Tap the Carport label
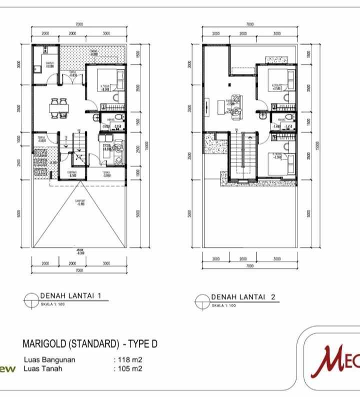point(79,201)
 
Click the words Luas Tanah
point(43,369)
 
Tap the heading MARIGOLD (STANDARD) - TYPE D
point(90,344)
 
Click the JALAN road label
point(79,251)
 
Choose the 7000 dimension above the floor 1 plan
point(79,24)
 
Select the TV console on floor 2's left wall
point(207,106)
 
